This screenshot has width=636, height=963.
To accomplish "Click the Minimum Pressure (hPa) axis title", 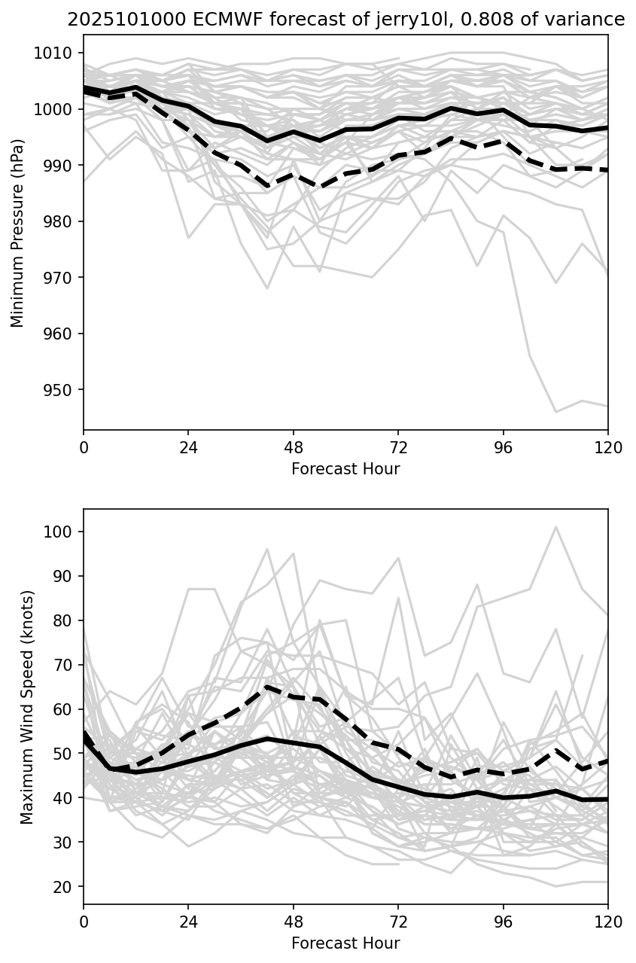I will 17,233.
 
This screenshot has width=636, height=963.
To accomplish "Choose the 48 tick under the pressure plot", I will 294,446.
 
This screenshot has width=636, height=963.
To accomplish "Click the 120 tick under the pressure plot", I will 608,446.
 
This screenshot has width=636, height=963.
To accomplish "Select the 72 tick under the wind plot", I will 398,921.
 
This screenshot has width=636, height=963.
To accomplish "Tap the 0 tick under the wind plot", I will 84,921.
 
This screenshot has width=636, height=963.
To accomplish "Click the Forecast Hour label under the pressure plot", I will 345,469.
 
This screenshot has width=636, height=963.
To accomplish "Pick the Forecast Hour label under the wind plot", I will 345,943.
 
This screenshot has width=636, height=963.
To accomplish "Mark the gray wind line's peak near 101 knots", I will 555,527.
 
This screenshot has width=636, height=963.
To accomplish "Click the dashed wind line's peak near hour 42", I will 267,687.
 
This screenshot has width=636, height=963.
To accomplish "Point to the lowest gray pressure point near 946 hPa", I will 555,412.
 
